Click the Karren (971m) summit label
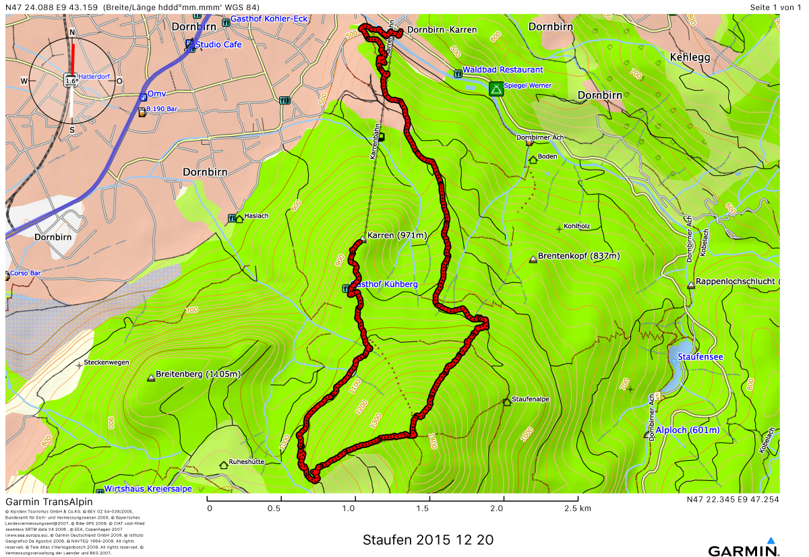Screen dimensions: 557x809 [x=398, y=236]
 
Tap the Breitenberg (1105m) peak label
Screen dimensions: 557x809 [x=198, y=374]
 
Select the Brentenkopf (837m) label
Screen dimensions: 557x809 [x=578, y=256]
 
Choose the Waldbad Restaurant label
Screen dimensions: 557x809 [x=502, y=70]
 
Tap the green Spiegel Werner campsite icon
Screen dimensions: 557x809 [x=496, y=88]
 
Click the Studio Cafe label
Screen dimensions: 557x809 [x=218, y=44]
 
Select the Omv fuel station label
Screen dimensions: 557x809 [x=156, y=94]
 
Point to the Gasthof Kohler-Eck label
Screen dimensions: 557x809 [x=268, y=19]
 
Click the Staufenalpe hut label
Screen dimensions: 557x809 [x=531, y=399]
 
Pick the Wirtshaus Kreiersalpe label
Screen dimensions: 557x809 [x=148, y=489]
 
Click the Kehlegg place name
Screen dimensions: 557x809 [x=690, y=58]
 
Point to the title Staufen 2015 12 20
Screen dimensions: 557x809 [x=427, y=540]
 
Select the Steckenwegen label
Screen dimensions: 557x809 [x=107, y=362]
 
